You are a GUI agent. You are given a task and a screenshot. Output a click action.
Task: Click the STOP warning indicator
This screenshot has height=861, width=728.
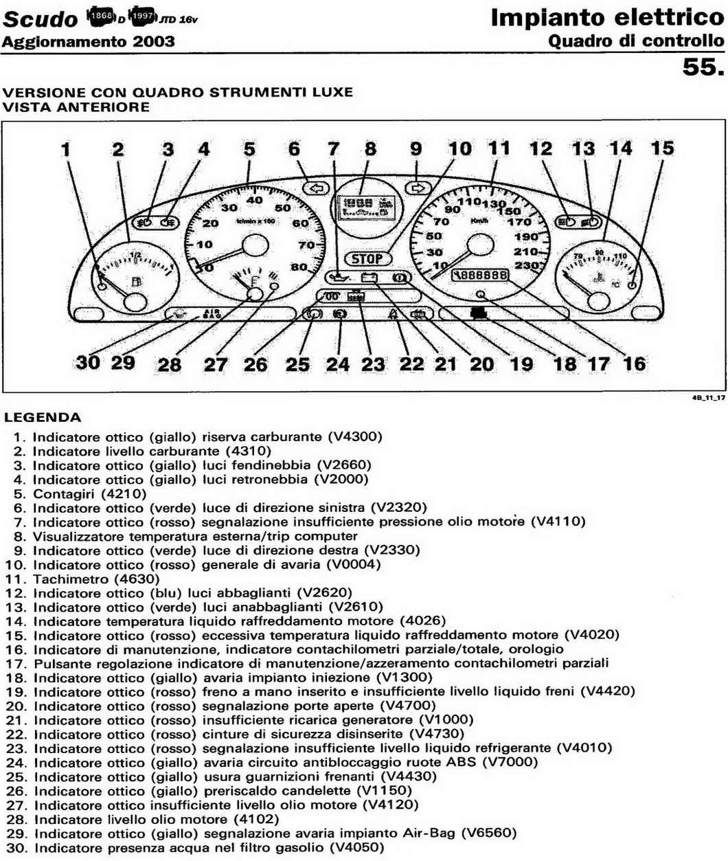(x=367, y=258)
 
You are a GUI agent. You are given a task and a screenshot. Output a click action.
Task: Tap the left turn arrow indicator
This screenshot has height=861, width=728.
(x=316, y=187)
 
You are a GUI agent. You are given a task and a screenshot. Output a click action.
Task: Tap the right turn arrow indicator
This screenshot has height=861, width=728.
(x=417, y=187)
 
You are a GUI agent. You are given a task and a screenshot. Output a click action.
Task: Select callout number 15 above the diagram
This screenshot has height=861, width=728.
(x=662, y=148)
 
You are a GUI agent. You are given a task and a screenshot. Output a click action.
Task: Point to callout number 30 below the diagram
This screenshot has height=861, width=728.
(x=88, y=362)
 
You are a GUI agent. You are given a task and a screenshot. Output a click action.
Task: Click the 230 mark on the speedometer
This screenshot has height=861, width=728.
(x=527, y=265)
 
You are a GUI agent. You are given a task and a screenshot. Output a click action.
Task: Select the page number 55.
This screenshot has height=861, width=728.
(x=702, y=67)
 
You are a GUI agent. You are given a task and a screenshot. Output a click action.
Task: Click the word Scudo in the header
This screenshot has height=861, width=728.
(x=40, y=20)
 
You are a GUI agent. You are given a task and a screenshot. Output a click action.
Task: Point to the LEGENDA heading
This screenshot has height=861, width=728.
(x=42, y=417)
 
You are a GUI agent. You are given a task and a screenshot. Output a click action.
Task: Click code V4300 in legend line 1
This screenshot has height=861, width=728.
(x=354, y=437)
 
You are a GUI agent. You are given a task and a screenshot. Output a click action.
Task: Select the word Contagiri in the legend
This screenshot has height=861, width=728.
(x=64, y=494)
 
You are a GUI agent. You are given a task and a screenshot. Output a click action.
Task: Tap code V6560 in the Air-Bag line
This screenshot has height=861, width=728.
(x=488, y=834)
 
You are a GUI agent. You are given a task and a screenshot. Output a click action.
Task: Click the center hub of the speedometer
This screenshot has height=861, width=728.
(x=480, y=245)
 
